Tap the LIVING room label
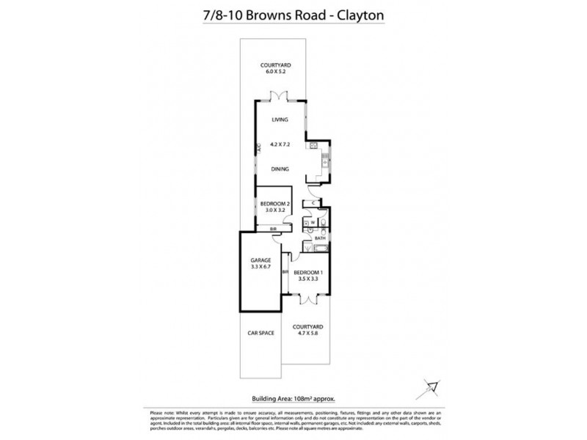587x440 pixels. coord(280,119)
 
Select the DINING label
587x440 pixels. coord(280,169)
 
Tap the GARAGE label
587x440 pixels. coord(261,260)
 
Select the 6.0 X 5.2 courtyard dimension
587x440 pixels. coord(280,71)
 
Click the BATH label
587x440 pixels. coord(320,238)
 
